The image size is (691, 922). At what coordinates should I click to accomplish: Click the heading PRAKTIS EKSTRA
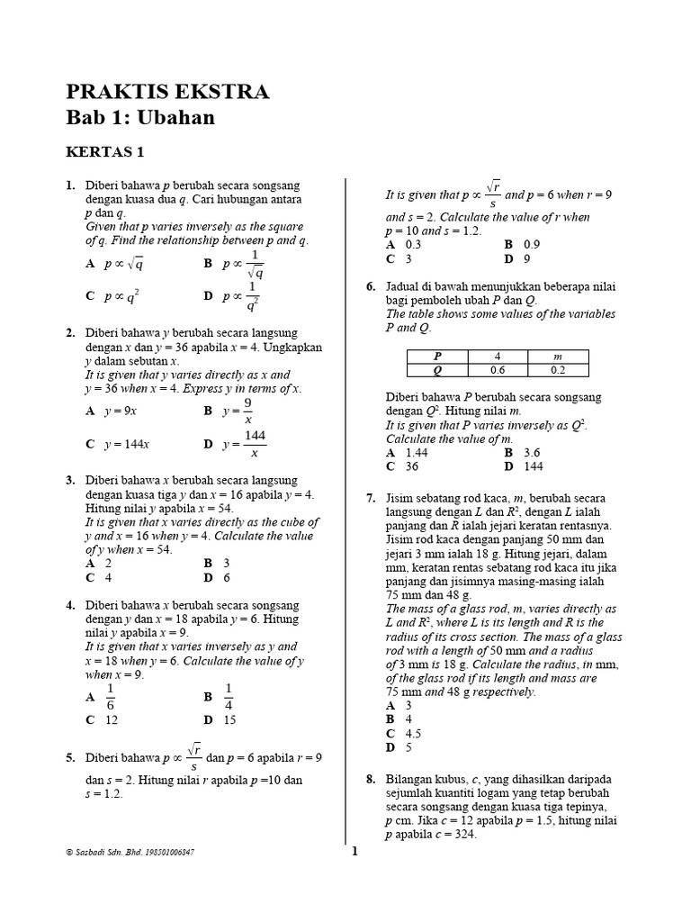(167, 92)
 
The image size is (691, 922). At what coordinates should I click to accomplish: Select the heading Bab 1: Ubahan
(140, 118)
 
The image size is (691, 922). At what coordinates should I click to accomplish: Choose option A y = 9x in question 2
(111, 411)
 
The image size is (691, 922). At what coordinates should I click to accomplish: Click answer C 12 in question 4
(102, 719)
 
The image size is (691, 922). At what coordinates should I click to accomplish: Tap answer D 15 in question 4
(220, 719)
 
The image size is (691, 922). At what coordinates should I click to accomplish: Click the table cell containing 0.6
(498, 369)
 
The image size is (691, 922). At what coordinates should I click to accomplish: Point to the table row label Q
(437, 369)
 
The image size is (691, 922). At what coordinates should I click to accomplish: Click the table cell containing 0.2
(557, 369)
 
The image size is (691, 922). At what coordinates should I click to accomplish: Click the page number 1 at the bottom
(354, 853)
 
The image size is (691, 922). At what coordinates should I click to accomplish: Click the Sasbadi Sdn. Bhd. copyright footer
(130, 852)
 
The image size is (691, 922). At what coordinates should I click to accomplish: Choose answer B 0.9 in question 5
(522, 244)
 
